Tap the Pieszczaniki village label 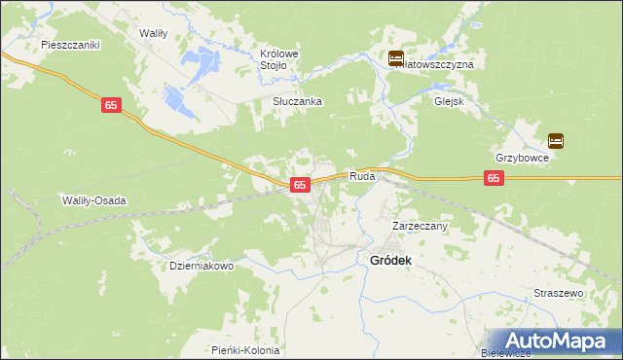point(72,45)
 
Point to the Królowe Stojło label point(278,59)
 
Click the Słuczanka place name point(297,101)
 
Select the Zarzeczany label point(420,226)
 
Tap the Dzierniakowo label point(202,265)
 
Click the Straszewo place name point(558,292)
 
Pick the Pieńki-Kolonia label point(245,350)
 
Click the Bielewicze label point(504,353)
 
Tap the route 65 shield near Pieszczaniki point(111,104)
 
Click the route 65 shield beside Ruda point(300,184)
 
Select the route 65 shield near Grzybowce point(495,178)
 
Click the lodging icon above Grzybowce point(556,140)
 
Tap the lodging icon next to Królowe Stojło point(396,59)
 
